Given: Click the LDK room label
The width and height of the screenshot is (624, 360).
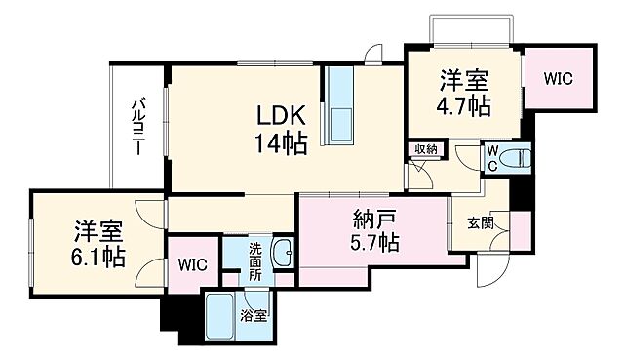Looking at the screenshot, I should tap(283, 115).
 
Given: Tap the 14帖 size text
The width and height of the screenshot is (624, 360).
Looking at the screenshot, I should tap(282, 144).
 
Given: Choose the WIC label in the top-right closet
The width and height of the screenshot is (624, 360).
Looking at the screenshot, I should tap(558, 77).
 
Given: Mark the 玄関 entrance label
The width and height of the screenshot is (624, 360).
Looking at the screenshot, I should tap(479, 223).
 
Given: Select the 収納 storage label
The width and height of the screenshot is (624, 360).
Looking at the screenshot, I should tap(425, 150).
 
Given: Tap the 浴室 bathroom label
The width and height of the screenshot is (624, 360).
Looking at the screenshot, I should tap(255, 316).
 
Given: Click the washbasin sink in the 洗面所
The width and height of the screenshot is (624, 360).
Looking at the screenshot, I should tap(284, 253).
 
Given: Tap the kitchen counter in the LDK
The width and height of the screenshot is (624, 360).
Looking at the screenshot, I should tap(340, 106).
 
